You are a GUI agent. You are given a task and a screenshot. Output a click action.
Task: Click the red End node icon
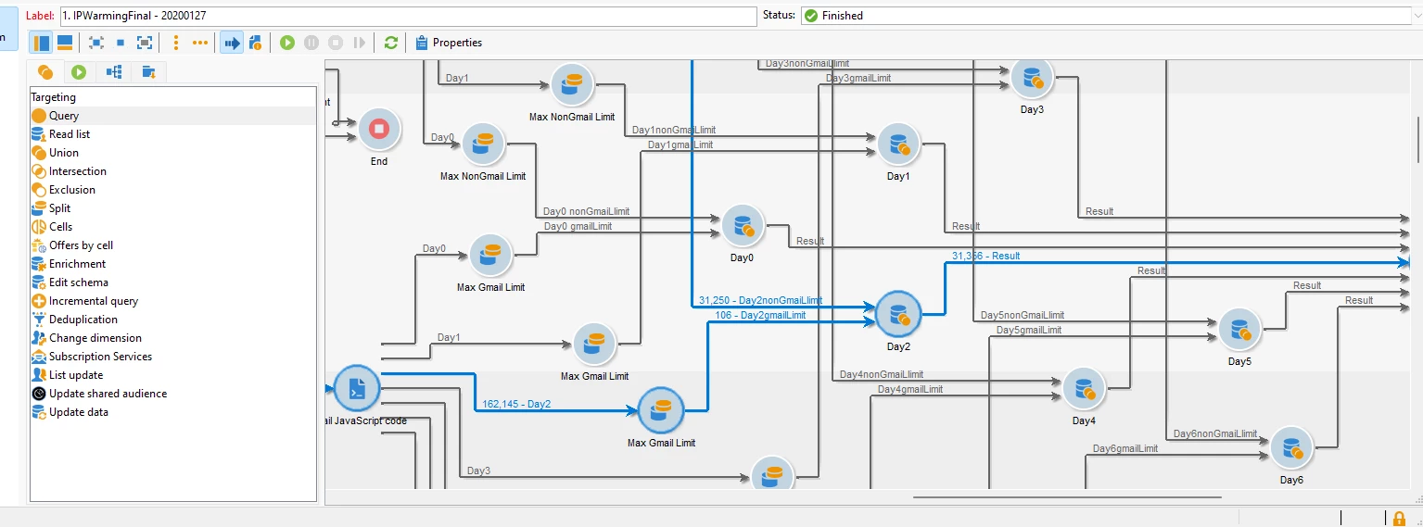click(x=378, y=130)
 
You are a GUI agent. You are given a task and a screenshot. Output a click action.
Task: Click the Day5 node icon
click(x=1239, y=330)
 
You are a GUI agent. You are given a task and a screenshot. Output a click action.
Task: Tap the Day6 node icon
click(x=1291, y=448)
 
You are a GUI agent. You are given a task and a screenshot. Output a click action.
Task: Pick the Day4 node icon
click(x=1084, y=389)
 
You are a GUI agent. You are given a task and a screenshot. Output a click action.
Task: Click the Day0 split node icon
click(x=742, y=226)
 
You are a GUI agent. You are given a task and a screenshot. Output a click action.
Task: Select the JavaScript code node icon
click(x=356, y=389)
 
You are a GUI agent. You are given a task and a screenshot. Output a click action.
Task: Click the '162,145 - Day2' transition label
click(x=516, y=404)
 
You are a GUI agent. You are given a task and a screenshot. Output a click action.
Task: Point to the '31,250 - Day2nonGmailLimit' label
click(x=760, y=300)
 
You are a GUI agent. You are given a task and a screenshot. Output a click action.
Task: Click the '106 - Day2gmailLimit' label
click(x=760, y=315)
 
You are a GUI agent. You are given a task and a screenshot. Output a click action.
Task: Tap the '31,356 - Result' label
click(x=985, y=256)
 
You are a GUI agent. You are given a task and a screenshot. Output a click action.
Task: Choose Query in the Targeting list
click(x=64, y=116)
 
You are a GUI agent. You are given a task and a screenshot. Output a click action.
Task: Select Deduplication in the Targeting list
click(x=83, y=320)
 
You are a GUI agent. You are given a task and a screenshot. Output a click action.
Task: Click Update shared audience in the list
click(x=108, y=394)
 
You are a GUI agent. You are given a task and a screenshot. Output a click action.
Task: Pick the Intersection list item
click(x=77, y=171)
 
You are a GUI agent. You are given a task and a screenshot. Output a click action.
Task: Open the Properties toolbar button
click(x=449, y=43)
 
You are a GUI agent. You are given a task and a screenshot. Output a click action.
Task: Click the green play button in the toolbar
click(x=287, y=43)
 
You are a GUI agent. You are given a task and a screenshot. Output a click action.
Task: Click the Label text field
click(x=408, y=16)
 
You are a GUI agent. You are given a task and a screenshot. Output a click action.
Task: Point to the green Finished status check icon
click(x=811, y=16)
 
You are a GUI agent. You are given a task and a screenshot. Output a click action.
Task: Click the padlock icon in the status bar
click(x=1399, y=518)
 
